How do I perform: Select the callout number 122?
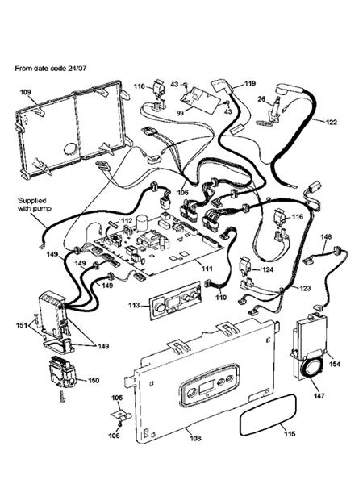[x=331, y=122]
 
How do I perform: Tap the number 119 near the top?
[x=250, y=84]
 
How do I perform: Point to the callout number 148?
[x=326, y=237]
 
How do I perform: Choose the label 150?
[x=94, y=380]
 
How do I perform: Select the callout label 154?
[x=334, y=364]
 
